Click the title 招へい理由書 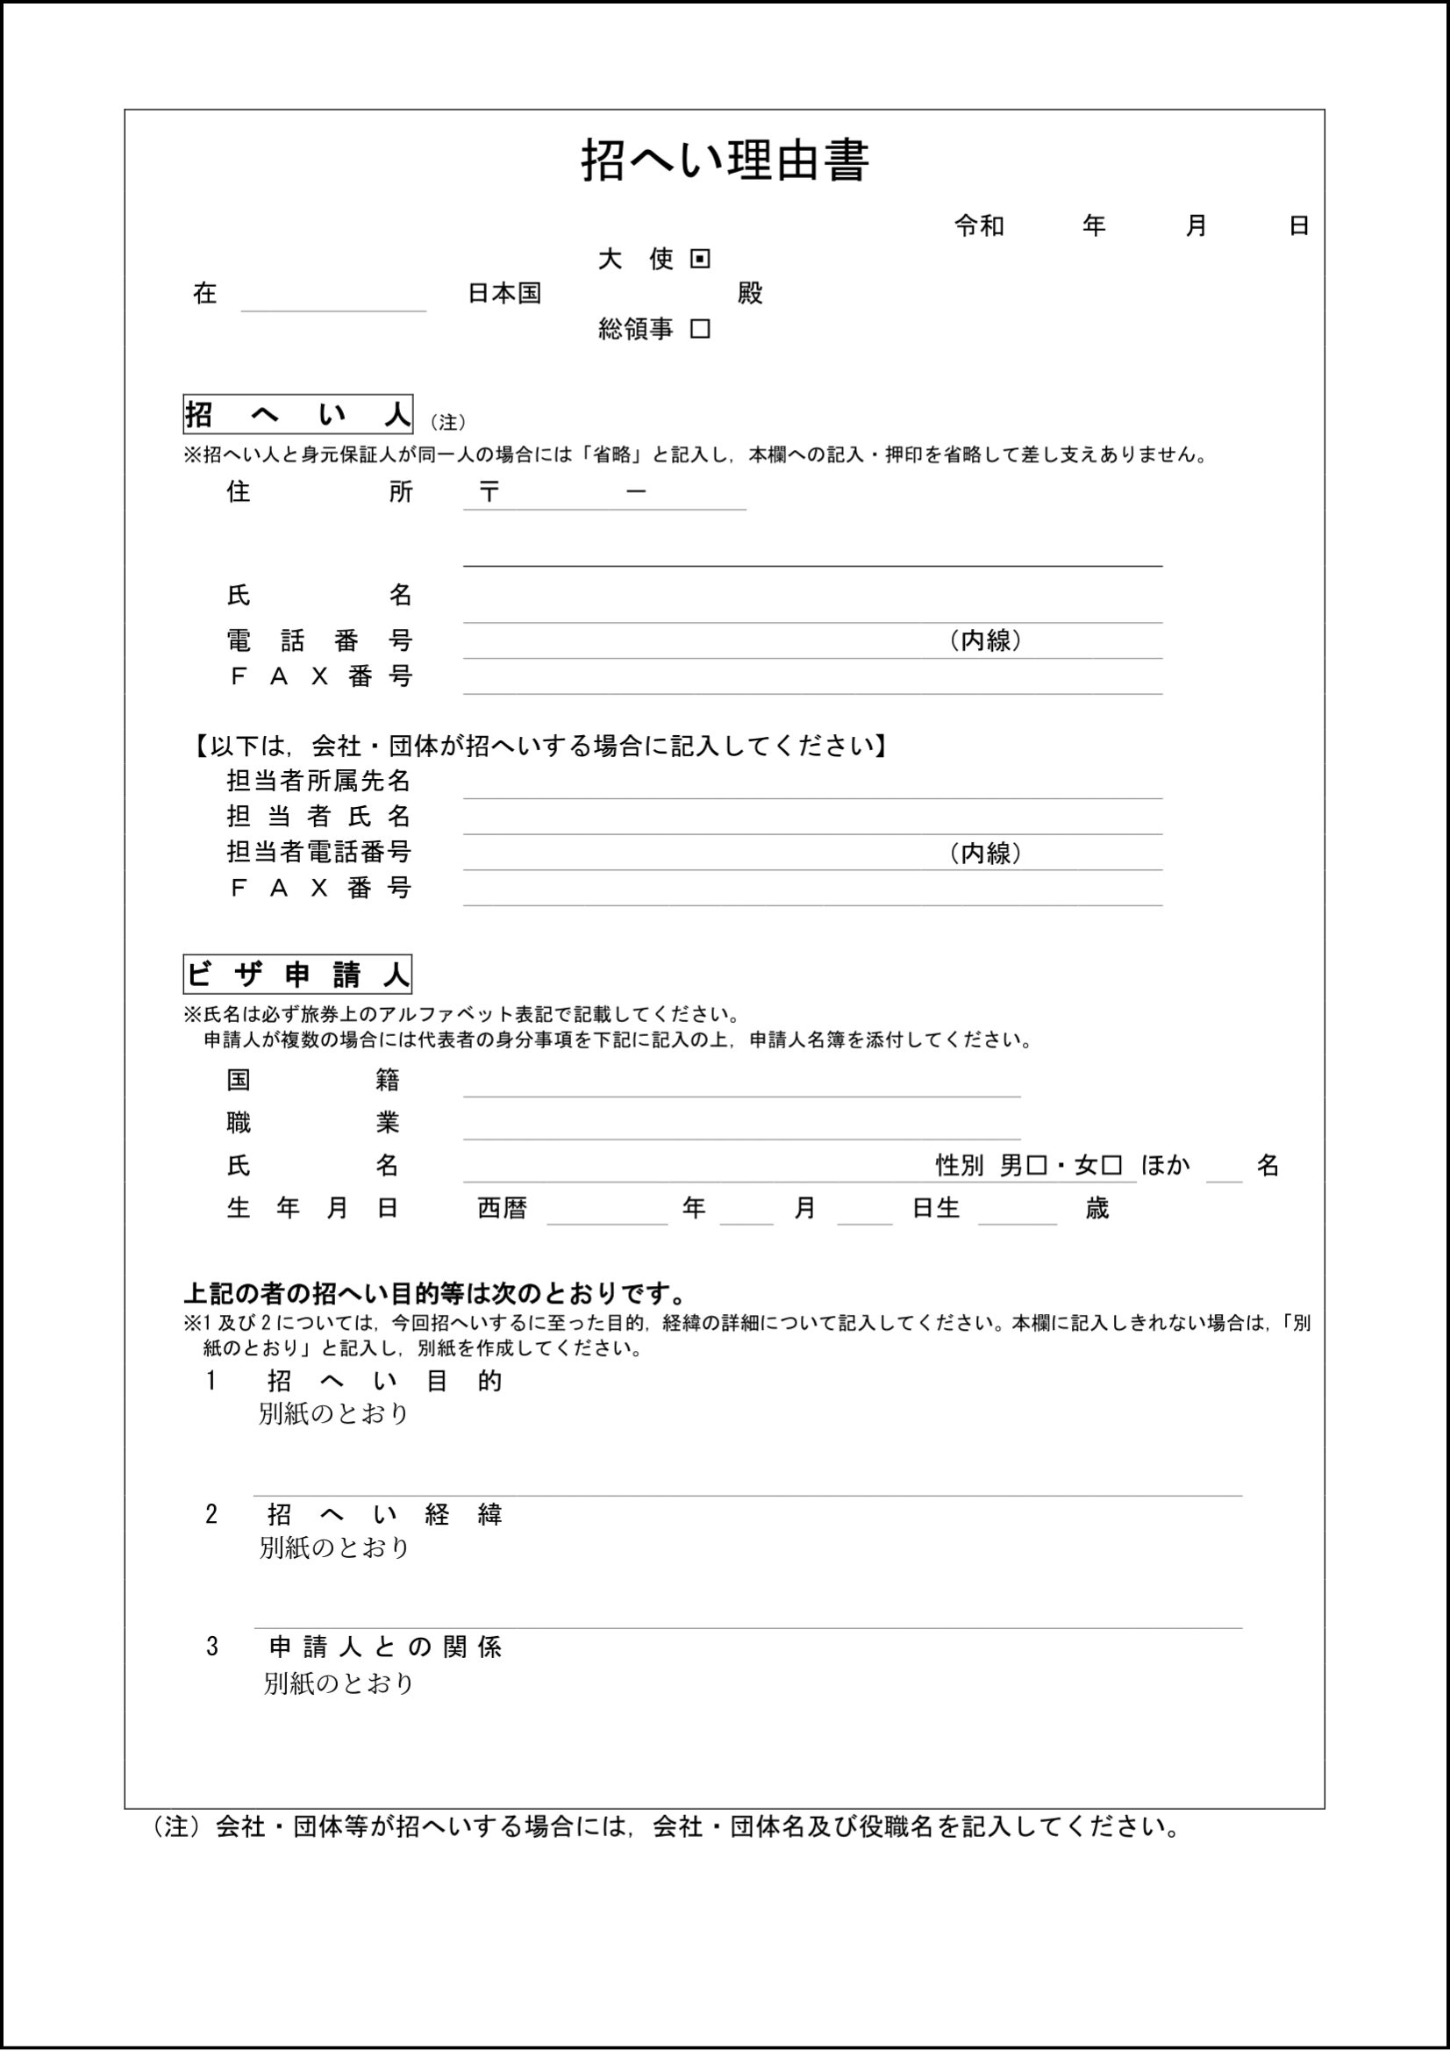click(725, 161)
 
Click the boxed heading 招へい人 click(297, 416)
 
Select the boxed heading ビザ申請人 click(297, 975)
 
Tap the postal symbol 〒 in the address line click(488, 492)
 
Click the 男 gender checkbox click(1037, 1166)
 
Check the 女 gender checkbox click(1111, 1166)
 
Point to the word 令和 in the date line click(979, 226)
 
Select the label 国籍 click(312, 1080)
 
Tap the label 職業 click(312, 1123)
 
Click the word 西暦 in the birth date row click(502, 1209)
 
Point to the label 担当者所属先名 click(318, 782)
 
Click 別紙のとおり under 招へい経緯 click(334, 1548)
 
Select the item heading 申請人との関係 click(385, 1647)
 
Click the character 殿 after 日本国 click(751, 294)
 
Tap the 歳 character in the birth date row click(1097, 1209)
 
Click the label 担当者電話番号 click(318, 852)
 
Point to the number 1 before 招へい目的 click(211, 1382)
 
